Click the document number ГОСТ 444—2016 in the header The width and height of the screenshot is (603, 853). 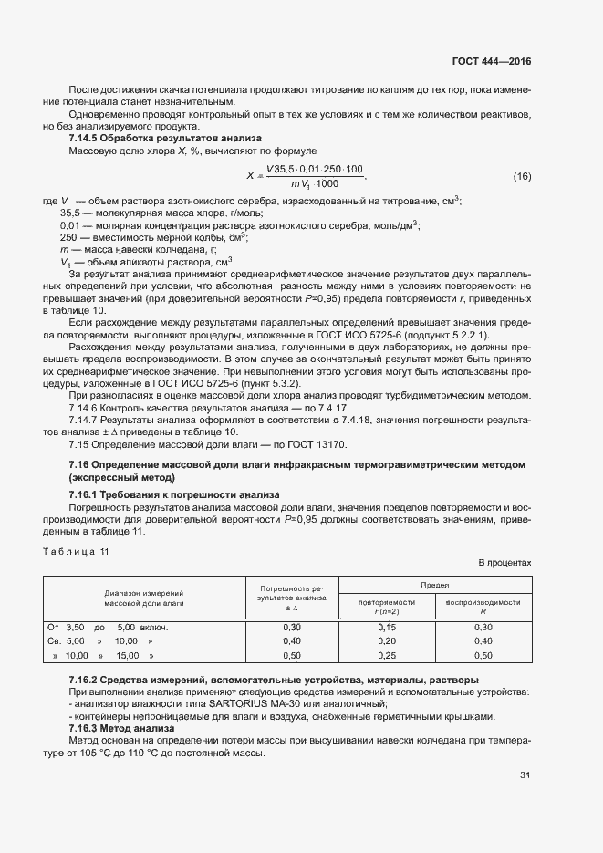coord(491,62)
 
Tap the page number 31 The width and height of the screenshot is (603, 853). coord(525,775)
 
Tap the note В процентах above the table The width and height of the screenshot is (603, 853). coord(504,563)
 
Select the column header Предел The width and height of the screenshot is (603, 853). coord(433,584)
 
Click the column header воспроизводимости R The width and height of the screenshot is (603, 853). coord(483,607)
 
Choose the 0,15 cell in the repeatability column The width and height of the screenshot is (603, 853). coord(387,628)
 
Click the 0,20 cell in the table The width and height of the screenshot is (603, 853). coord(387,641)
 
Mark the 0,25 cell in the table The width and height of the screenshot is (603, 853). coord(387,655)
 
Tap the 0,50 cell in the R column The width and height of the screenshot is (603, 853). coord(483,655)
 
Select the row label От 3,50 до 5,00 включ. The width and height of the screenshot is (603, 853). coord(108,628)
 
